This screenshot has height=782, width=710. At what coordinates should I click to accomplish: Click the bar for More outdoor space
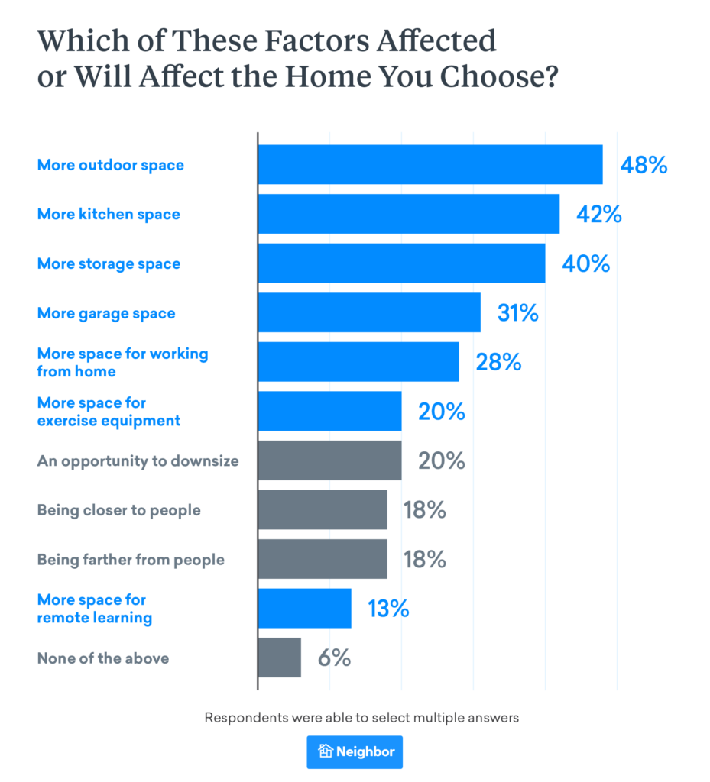(430, 165)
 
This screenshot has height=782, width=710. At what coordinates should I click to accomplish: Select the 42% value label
(598, 215)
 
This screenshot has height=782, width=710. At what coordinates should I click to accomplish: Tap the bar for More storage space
(401, 263)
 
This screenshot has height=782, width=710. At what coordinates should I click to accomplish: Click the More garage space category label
(106, 313)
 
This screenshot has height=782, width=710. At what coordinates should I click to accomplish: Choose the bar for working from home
(358, 362)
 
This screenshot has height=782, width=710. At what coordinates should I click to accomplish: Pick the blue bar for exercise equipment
(329, 412)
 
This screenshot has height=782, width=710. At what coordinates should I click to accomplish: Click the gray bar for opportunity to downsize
(329, 460)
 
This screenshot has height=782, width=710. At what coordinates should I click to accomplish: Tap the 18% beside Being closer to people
(424, 510)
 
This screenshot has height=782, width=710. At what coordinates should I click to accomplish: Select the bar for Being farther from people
(323, 559)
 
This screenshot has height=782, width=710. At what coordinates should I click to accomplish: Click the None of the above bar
(280, 658)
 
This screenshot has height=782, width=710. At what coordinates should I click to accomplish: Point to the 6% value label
(334, 658)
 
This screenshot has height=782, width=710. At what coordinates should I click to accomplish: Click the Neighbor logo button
(355, 751)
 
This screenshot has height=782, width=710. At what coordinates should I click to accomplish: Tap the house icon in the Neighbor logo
(326, 751)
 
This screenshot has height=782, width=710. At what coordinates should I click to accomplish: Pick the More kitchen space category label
(109, 215)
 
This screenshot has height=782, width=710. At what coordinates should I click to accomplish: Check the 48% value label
(644, 165)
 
